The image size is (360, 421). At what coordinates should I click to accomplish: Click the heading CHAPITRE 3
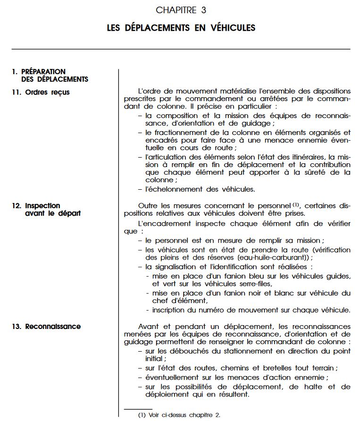pyautogui.click(x=181, y=10)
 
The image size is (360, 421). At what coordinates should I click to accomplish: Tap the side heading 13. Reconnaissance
pyautogui.click(x=46, y=326)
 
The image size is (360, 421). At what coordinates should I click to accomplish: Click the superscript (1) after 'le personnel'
pyautogui.click(x=296, y=204)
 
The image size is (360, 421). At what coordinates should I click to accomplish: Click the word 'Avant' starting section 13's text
pyautogui.click(x=149, y=326)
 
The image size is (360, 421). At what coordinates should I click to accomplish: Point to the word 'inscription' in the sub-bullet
pyautogui.click(x=171, y=310)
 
